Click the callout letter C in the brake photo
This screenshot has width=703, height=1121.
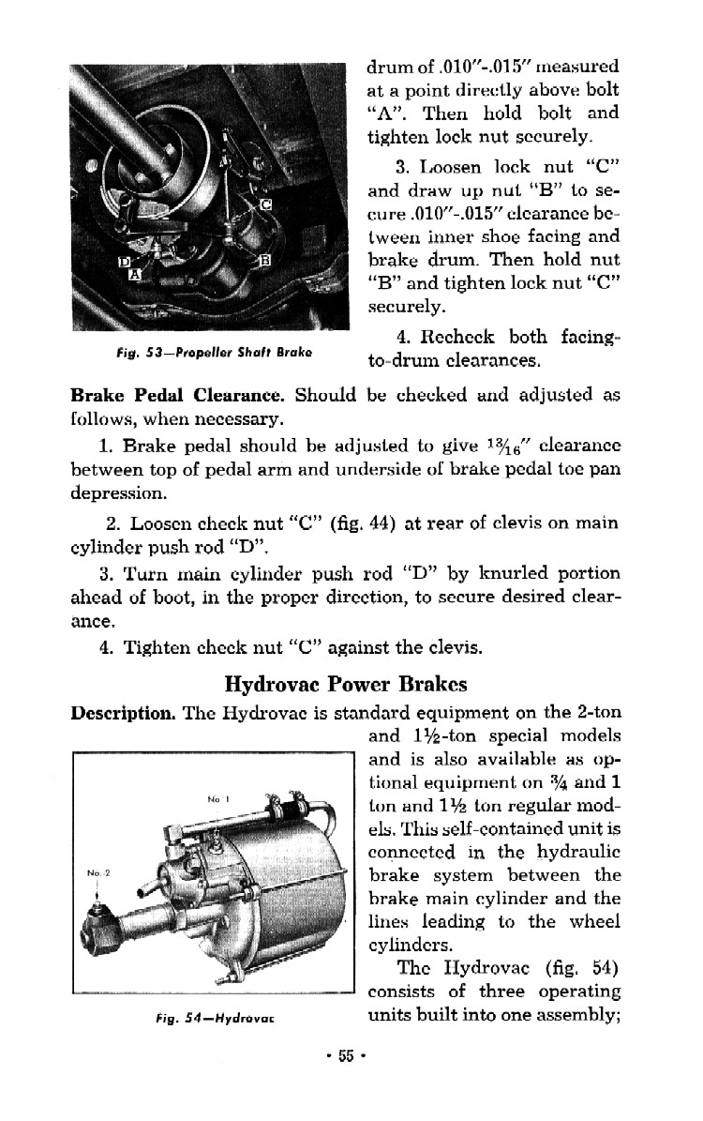265,205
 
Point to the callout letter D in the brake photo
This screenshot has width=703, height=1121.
123,261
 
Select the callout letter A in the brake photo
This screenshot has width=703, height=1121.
135,275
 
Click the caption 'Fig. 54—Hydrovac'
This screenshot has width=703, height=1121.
212,1017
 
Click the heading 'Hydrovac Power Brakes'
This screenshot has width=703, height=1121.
347,683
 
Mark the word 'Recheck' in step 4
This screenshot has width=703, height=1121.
459,337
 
